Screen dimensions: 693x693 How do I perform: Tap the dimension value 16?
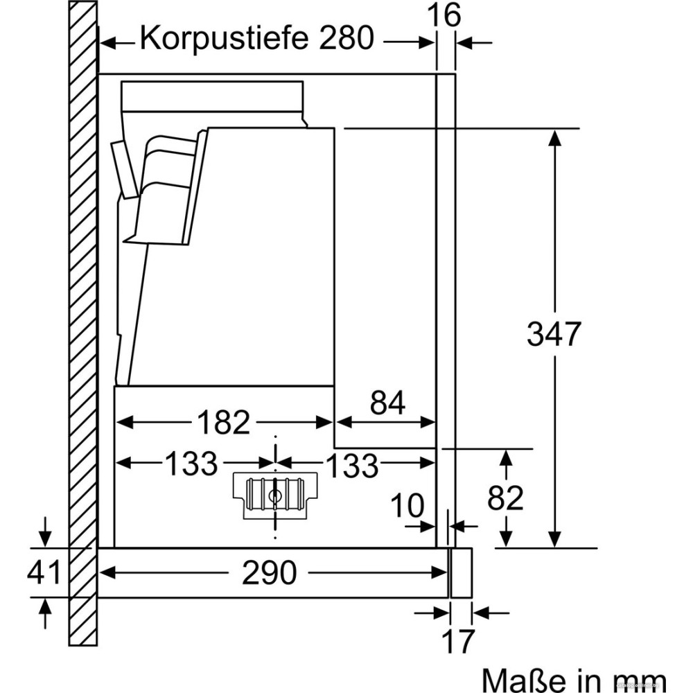(444, 15)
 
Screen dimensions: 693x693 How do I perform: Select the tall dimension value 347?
(552, 335)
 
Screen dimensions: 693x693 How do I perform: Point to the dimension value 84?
(387, 403)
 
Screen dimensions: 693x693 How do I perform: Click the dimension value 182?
(223, 422)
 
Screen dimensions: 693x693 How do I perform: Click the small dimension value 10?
(407, 507)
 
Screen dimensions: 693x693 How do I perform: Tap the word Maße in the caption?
(519, 678)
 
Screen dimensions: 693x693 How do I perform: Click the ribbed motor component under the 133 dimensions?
(275, 494)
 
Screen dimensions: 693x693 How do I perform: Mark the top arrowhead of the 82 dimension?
(506, 457)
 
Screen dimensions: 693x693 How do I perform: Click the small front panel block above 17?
(461, 572)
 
